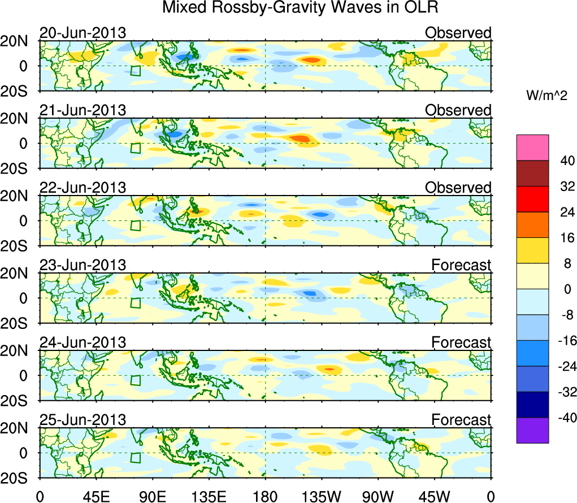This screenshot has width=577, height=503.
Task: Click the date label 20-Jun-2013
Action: click(83, 33)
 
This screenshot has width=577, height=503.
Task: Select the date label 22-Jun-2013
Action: click(83, 188)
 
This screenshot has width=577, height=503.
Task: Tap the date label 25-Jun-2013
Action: click(83, 420)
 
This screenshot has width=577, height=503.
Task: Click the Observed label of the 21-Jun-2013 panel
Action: click(458, 110)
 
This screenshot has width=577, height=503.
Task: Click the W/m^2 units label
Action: click(546, 97)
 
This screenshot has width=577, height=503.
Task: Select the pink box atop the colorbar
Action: click(532, 148)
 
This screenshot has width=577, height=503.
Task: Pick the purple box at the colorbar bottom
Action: click(532, 430)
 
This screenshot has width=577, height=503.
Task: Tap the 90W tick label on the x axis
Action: click(378, 496)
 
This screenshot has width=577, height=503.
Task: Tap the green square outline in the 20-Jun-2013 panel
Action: click(135, 71)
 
